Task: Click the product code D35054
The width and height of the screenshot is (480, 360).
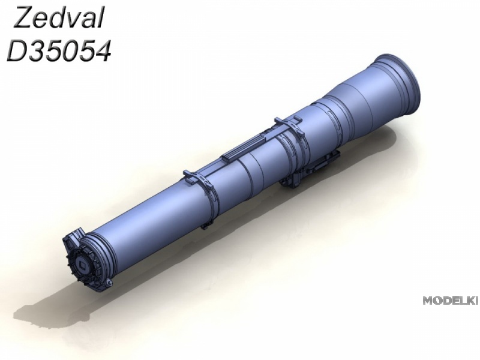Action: (58, 51)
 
